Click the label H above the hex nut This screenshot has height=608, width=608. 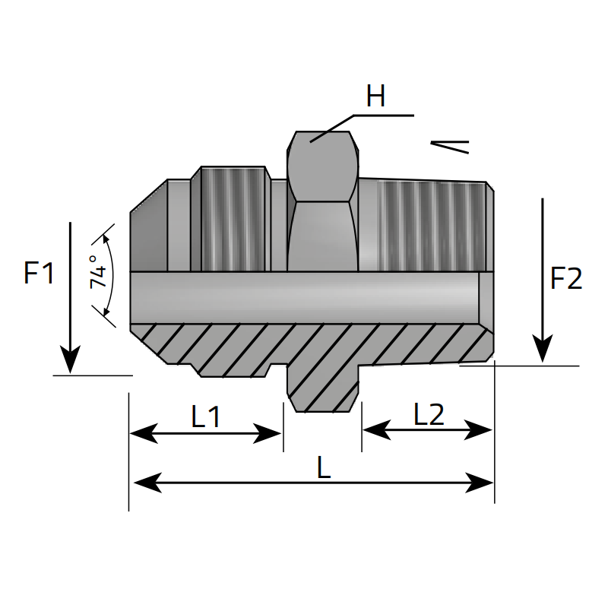pyautogui.click(x=375, y=97)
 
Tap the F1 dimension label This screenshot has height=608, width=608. pyautogui.click(x=39, y=274)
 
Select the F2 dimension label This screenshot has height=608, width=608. pyautogui.click(x=566, y=279)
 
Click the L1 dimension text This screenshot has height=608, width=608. pyautogui.click(x=205, y=416)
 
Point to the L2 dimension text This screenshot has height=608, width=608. pyautogui.click(x=429, y=415)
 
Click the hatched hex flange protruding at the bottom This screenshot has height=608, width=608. pyautogui.click(x=323, y=388)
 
